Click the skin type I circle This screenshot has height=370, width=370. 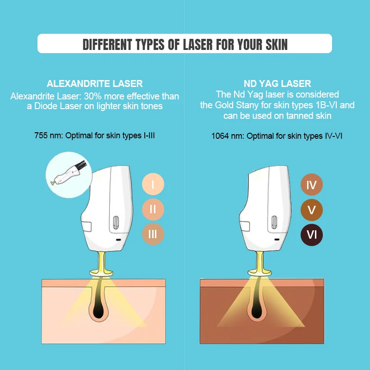(153, 185)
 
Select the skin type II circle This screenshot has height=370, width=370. (153, 210)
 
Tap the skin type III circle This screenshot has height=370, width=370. (153, 234)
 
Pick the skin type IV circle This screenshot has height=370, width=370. (312, 185)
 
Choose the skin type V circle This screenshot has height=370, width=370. (312, 210)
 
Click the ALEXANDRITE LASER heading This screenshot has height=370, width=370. (95, 84)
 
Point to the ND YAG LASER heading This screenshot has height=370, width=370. (277, 84)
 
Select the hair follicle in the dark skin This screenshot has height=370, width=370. (256, 308)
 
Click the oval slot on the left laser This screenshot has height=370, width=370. (117, 222)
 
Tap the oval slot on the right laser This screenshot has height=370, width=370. (274, 222)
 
